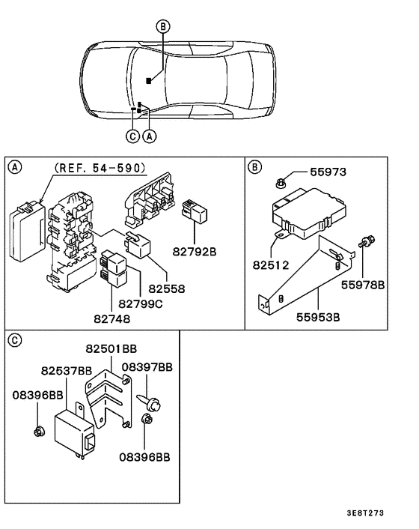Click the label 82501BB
(111, 349)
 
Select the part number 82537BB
(67, 370)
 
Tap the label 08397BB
(147, 367)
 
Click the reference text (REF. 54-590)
(100, 168)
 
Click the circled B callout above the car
(163, 26)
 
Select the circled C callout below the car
(132, 136)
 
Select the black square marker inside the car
(149, 80)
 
